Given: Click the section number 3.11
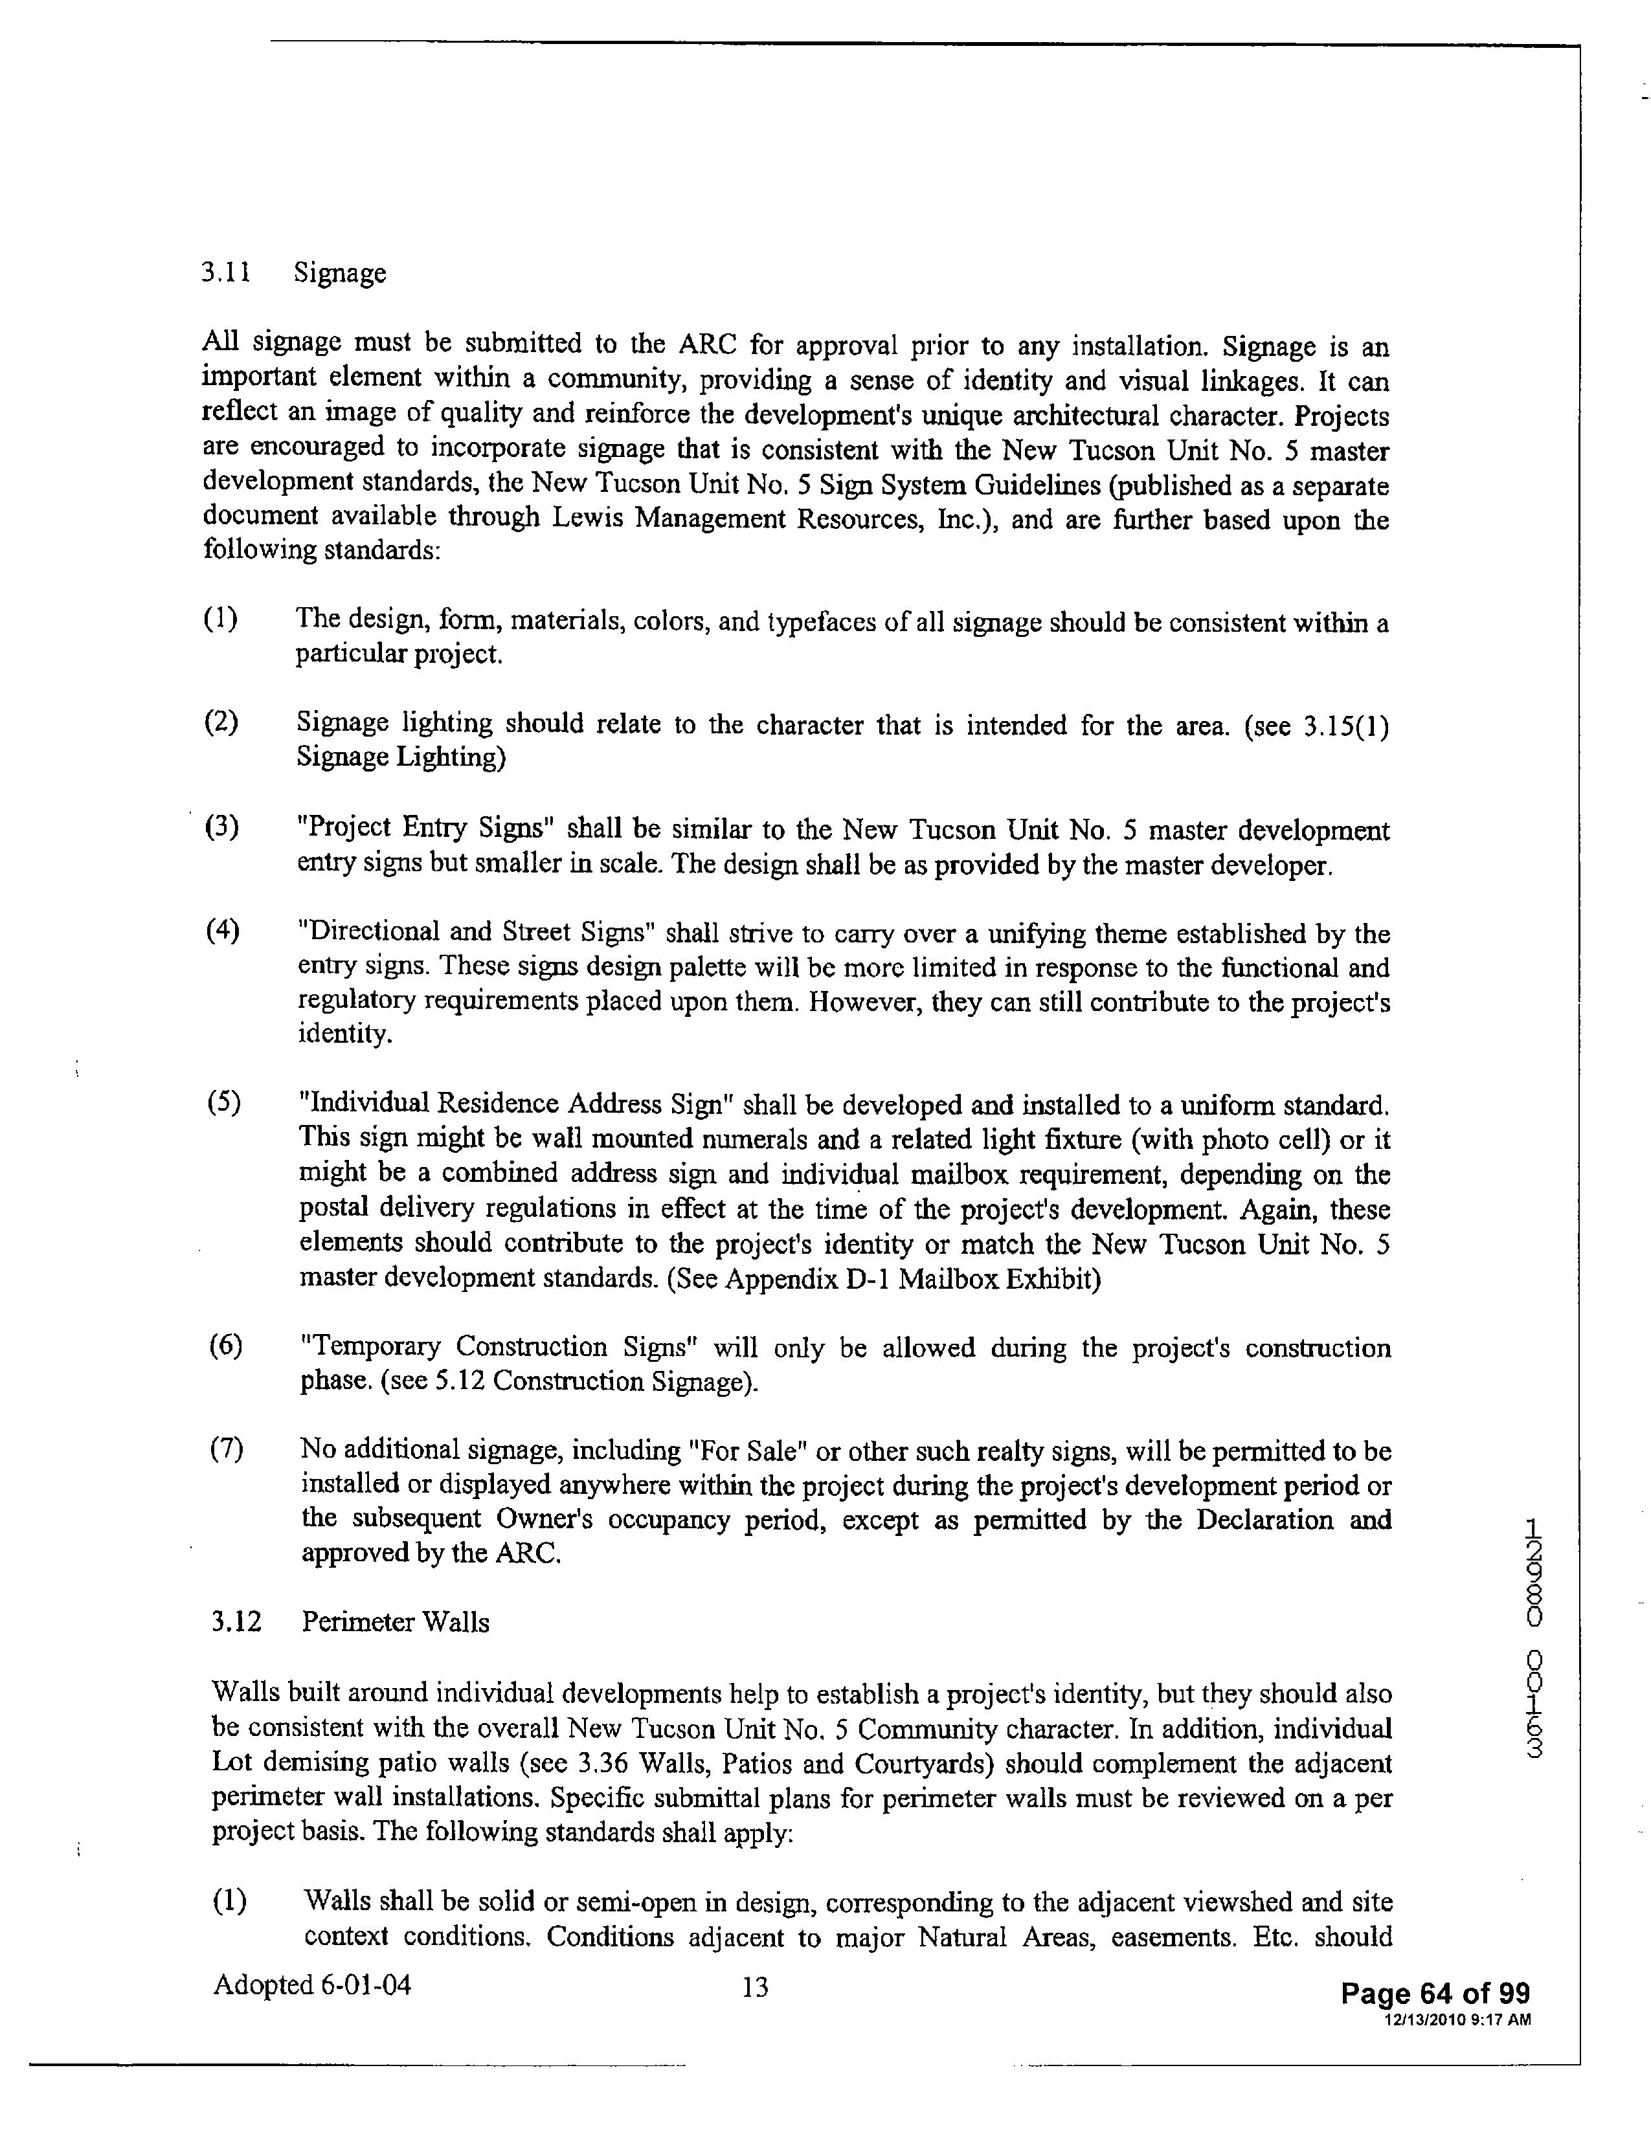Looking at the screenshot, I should (x=225, y=272).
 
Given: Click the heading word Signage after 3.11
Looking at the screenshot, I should (x=339, y=274).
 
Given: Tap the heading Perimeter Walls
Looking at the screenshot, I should (x=395, y=1623).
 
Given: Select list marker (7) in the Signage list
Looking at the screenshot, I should (x=226, y=1449).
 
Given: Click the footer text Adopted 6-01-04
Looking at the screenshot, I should (x=312, y=1985).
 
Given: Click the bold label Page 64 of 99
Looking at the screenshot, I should (x=1434, y=1993).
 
